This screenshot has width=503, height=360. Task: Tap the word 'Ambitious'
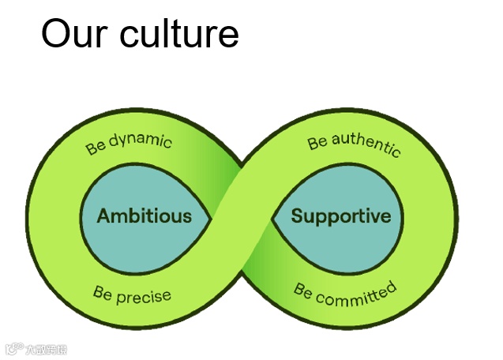[x=144, y=216]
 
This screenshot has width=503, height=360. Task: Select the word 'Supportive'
[x=341, y=216]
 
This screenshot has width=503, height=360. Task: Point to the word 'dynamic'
[x=140, y=142]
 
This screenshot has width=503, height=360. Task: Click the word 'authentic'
[x=366, y=144]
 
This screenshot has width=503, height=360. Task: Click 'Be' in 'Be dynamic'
[x=96, y=148]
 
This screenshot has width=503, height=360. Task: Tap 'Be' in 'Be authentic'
[x=317, y=143]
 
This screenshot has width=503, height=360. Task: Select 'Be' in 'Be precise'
[x=102, y=293]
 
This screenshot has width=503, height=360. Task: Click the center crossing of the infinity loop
[x=242, y=216]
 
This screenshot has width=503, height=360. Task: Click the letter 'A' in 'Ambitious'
[x=103, y=216]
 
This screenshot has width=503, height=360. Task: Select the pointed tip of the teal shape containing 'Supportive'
[x=272, y=217]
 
